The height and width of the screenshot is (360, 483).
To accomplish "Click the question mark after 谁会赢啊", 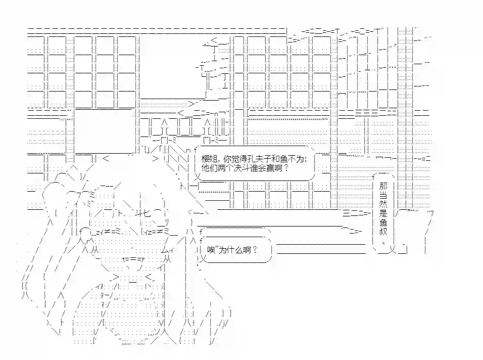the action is tap(285, 168).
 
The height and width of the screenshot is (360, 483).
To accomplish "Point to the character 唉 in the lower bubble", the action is tap(211, 250).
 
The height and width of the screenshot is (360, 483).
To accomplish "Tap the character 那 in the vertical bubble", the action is tap(383, 186).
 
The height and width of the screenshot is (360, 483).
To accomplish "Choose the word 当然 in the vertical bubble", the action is tap(383, 200).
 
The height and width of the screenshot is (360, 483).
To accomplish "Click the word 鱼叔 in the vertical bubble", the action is tap(383, 227).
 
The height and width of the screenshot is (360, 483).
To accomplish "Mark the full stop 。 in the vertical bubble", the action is tap(383, 242).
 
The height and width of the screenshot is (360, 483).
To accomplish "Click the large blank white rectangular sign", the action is tap(103, 131).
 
